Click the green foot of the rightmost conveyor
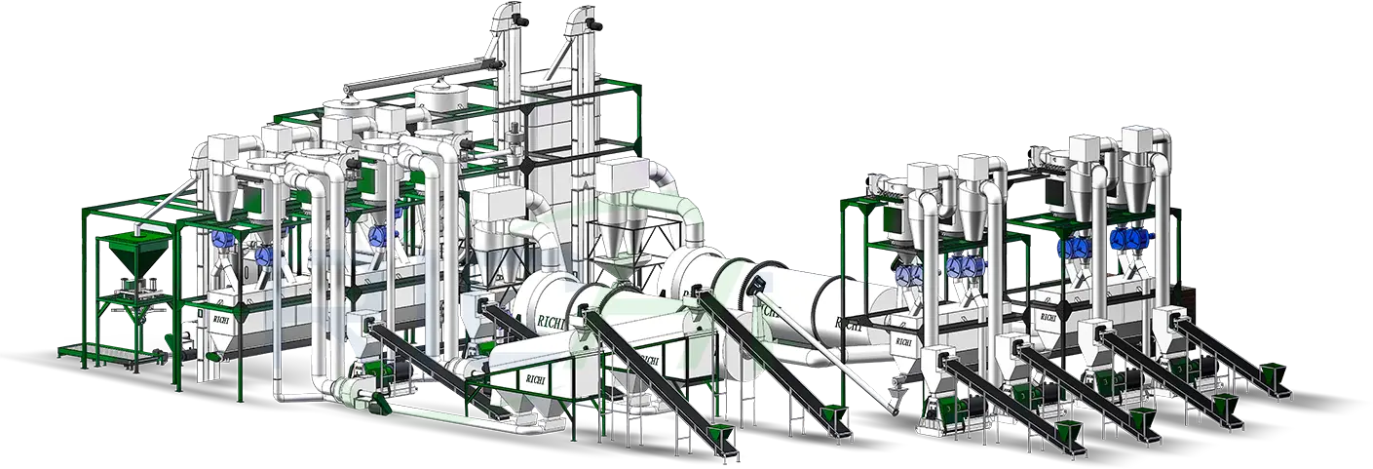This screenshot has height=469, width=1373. pos(1274,373)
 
